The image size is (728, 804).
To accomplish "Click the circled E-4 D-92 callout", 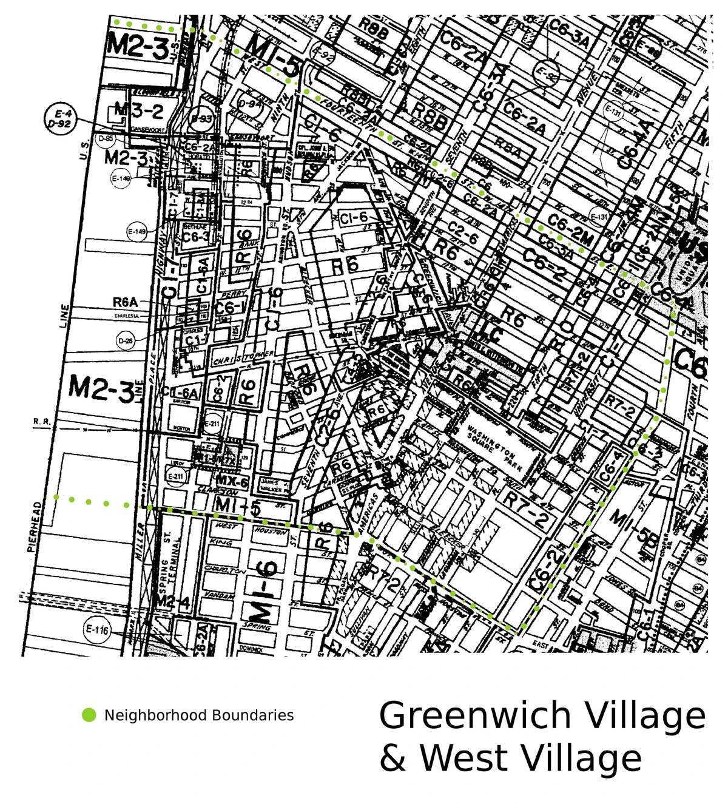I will point(62,118).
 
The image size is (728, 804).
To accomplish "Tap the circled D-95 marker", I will point(106,139).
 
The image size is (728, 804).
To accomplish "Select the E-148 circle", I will point(121,178).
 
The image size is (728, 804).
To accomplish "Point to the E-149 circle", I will point(137,232).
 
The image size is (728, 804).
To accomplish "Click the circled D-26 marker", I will point(125,341).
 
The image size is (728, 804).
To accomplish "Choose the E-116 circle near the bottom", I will point(97,630).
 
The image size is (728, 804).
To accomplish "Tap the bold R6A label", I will point(126,302).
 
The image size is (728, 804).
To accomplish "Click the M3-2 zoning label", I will point(139,110).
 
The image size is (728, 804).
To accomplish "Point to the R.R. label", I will point(42,421).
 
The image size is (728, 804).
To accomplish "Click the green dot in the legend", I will point(89,715).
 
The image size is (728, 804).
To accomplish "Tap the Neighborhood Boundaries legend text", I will point(199,715).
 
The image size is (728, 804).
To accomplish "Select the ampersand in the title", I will point(393,759).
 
